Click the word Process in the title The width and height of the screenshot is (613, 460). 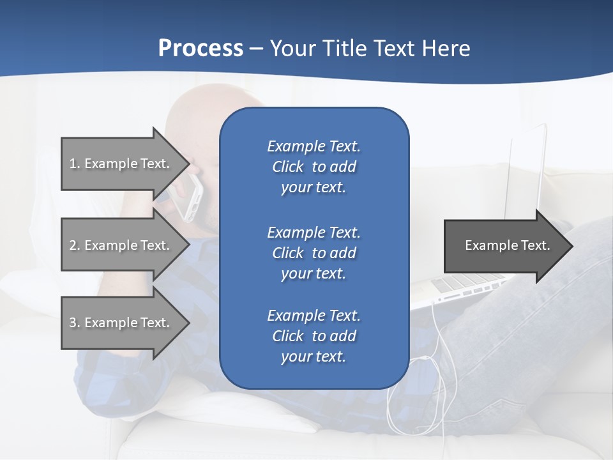[201, 48]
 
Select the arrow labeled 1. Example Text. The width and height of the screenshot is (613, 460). [121, 164]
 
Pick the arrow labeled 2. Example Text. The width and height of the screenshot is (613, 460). [121, 245]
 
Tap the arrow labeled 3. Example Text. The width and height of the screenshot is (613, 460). [121, 323]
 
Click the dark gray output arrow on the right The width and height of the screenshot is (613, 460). [504, 246]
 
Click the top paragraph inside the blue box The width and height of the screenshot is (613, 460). [314, 167]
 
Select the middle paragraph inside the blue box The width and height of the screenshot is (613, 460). [314, 253]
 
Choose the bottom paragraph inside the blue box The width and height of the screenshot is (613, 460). [314, 336]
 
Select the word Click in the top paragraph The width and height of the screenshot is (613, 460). [288, 167]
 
